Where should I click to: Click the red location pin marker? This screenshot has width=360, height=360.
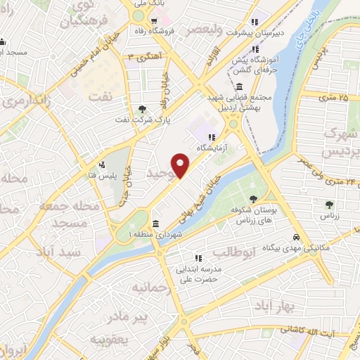click(x=181, y=166)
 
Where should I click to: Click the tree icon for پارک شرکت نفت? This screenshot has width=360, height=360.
click(x=143, y=108)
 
